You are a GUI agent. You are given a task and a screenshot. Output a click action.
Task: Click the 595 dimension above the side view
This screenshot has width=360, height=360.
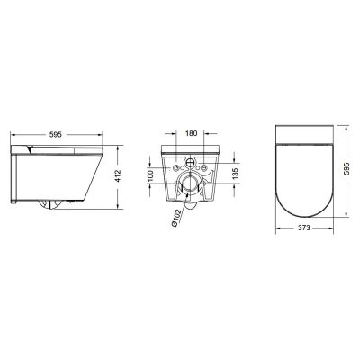tap(56, 135)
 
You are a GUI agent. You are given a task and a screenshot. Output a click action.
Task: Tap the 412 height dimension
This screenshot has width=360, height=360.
tap(118, 176)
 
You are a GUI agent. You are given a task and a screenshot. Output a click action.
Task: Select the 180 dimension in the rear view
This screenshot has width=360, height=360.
tap(190, 133)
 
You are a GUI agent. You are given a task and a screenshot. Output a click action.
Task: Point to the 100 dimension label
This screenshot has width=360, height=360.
tap(151, 175)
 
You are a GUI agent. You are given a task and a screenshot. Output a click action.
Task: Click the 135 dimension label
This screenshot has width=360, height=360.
tap(235, 175)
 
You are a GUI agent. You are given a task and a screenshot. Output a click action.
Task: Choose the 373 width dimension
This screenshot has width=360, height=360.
tap(304, 228)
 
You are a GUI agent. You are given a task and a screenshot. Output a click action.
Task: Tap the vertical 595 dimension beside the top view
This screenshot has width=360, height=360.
tap(348, 171)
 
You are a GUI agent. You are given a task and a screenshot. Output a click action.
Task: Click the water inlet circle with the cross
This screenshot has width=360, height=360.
tap(190, 163)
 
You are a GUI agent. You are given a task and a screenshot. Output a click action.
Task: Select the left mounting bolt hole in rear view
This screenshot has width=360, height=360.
tap(175, 167)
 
